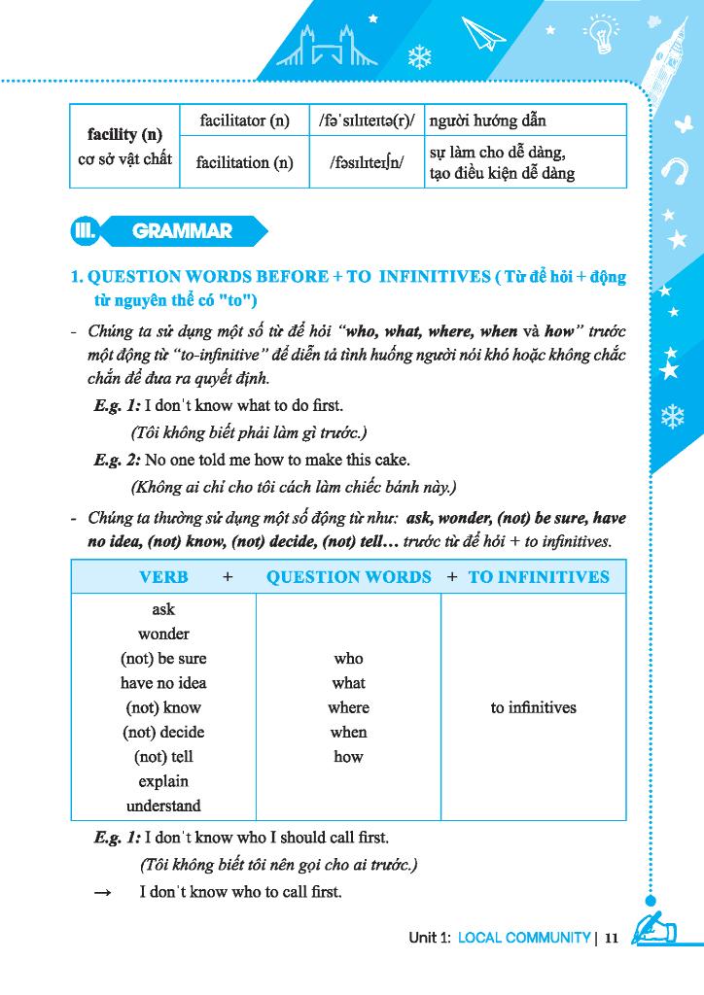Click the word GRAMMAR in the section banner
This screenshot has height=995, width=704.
tap(182, 231)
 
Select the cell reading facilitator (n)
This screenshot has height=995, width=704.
tap(245, 120)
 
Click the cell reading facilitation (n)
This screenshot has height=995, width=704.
tap(245, 162)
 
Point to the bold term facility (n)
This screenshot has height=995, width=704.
tap(124, 134)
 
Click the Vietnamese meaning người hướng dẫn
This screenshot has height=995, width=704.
tap(487, 120)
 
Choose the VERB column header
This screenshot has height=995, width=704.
tap(163, 576)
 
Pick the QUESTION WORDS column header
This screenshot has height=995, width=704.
tap(349, 576)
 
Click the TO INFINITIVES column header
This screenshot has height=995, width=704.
tap(539, 576)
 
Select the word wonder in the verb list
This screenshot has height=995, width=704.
tap(163, 634)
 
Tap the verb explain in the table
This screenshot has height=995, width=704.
tap(163, 781)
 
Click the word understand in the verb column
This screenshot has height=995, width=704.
tap(163, 806)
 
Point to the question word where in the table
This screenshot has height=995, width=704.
tap(348, 707)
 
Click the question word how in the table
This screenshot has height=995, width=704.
tap(348, 757)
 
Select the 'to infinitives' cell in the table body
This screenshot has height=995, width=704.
tap(533, 707)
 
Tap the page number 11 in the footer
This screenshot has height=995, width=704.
tap(612, 938)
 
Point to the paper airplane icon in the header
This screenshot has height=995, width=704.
tap(484, 36)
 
